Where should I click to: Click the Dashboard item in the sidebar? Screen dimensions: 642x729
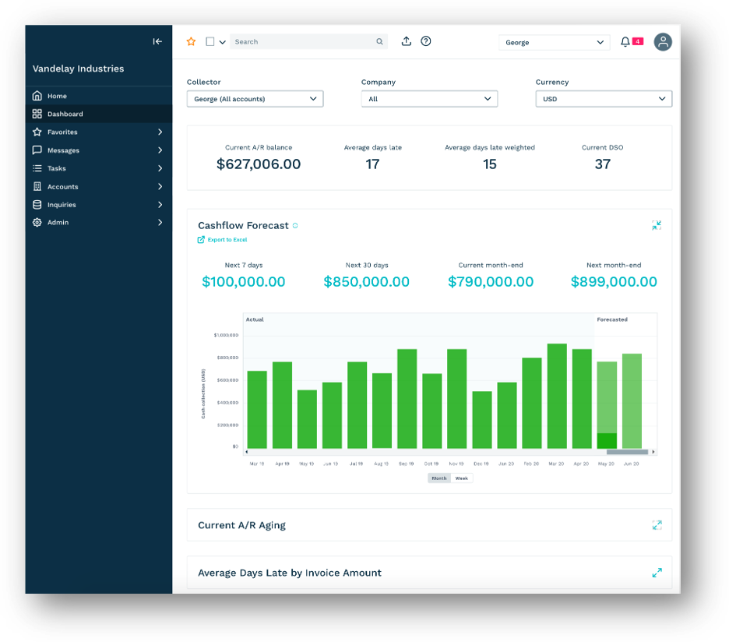point(65,114)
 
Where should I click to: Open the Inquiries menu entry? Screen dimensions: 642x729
point(62,205)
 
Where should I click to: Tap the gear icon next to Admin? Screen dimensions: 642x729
point(37,223)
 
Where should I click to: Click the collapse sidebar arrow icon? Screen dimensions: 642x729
point(157,42)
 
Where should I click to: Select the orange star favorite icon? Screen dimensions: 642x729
point(192,42)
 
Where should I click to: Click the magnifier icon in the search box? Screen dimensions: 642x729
point(379,42)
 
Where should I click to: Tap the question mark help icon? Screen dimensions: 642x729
point(426,42)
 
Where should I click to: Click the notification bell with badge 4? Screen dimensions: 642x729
point(625,42)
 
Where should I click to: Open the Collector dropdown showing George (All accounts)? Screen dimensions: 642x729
point(255,99)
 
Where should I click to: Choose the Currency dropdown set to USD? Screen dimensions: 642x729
point(604,99)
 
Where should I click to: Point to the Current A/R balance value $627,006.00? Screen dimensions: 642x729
point(259,164)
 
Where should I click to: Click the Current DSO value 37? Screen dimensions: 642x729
point(602,164)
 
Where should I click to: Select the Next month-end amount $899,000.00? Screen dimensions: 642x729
point(614,282)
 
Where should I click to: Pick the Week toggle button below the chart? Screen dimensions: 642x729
point(462,478)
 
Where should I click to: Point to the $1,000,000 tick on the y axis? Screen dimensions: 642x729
point(225,335)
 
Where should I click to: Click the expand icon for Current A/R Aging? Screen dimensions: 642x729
point(657,525)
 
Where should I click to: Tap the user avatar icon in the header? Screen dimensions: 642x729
point(663,42)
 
